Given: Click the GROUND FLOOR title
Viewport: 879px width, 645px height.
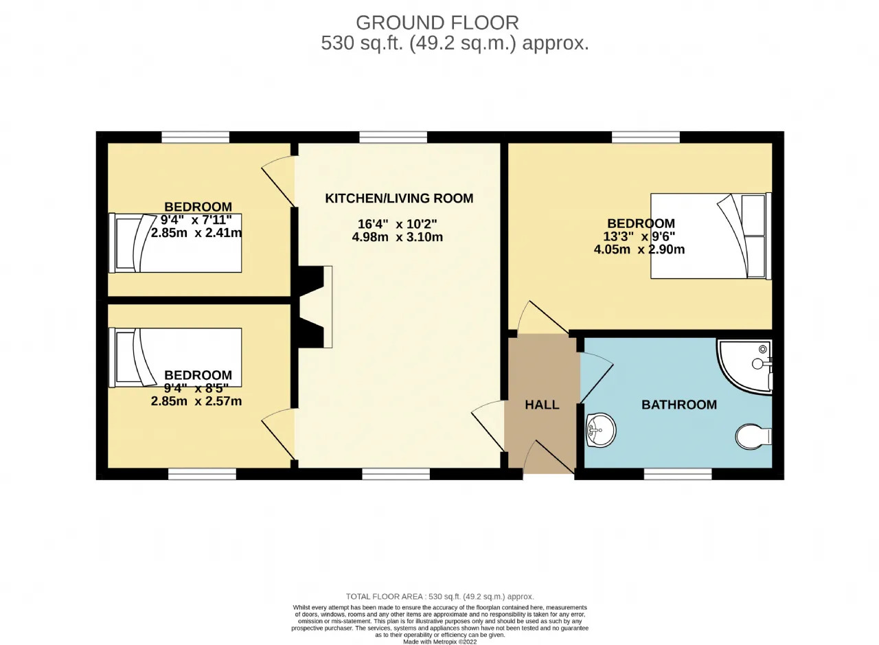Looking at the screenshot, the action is [x=437, y=23].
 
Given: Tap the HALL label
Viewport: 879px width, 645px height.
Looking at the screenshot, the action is [x=542, y=405].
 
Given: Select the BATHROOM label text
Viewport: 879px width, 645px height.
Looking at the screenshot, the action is [x=679, y=405].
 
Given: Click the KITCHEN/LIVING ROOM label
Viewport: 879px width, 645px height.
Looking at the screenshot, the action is [x=399, y=199].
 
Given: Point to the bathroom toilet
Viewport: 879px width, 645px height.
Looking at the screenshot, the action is [x=753, y=436].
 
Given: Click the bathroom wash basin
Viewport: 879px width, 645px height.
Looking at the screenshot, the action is [x=601, y=430].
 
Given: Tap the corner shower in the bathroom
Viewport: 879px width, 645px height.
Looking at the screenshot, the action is [x=744, y=366].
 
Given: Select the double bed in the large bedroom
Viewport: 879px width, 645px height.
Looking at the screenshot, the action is [x=711, y=236].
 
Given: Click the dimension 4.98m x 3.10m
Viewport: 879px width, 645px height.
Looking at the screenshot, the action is [x=397, y=237].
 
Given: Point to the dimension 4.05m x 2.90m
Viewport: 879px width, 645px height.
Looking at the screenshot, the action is [x=639, y=249].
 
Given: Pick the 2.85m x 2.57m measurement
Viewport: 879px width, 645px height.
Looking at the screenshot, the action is [x=196, y=401].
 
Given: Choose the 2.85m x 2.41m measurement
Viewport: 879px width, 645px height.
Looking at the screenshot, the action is [x=196, y=233].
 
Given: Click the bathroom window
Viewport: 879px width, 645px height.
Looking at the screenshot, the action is [x=678, y=474].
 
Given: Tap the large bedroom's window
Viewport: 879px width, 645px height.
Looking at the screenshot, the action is [x=646, y=137].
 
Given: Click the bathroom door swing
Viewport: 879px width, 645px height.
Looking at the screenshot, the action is [x=597, y=378].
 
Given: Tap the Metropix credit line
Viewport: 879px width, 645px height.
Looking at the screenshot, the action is [x=439, y=642].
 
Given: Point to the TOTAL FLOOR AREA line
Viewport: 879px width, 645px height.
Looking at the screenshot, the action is [x=440, y=597].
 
